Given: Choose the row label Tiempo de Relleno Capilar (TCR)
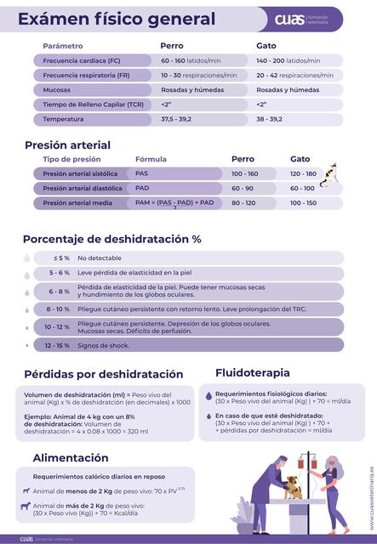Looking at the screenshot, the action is pyautogui.click(x=93, y=104).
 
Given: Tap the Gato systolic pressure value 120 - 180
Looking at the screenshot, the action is pyautogui.click(x=303, y=173).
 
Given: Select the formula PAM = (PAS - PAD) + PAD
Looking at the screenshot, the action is pyautogui.click(x=174, y=203).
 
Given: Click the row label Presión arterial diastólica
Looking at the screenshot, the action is pyautogui.click(x=83, y=188).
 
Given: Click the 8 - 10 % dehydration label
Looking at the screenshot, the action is pyautogui.click(x=58, y=309).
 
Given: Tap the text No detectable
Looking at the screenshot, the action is pyautogui.click(x=100, y=258).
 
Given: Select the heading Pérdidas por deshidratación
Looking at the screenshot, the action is pyautogui.click(x=103, y=374).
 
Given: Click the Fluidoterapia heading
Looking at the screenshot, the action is pyautogui.click(x=253, y=372).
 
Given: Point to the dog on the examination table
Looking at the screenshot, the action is pyautogui.click(x=294, y=486).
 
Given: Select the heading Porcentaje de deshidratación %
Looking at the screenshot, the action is pyautogui.click(x=111, y=240).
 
